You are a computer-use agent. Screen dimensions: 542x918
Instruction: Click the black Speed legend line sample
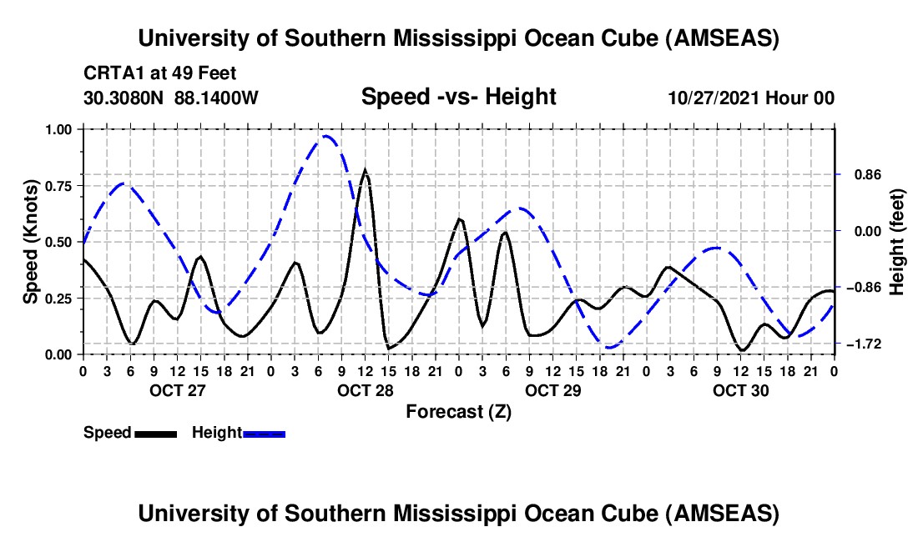point(154,434)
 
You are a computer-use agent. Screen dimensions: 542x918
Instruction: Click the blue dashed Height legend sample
point(264,434)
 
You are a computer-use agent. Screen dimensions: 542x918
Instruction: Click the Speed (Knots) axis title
point(30,242)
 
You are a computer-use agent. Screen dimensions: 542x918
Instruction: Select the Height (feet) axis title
point(897,242)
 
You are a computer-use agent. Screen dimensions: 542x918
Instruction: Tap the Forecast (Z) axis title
point(458,411)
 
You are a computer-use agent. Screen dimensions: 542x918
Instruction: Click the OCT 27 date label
point(175,390)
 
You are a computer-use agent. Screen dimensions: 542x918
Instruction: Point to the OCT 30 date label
point(739,390)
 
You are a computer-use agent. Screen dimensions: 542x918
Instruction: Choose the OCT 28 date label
point(363,390)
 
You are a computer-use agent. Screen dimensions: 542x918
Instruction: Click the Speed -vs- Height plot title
point(458,97)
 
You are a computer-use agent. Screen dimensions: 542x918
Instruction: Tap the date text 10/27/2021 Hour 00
point(751,98)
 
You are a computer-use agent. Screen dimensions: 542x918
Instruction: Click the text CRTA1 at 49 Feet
point(159,73)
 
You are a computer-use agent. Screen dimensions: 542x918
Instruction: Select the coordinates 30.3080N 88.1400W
point(171,98)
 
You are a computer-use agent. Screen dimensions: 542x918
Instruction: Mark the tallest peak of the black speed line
point(365,170)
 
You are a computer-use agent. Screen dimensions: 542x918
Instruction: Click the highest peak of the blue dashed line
point(326,136)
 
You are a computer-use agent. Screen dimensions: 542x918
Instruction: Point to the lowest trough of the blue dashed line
point(610,347)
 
